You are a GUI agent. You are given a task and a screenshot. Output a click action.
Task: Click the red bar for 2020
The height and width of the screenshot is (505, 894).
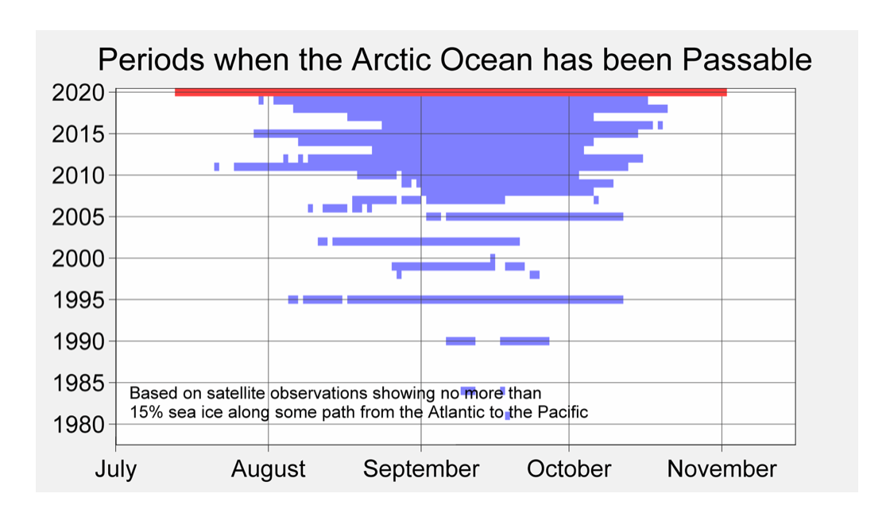point(451,92)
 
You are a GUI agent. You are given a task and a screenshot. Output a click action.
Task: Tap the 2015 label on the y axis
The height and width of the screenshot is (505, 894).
point(79,134)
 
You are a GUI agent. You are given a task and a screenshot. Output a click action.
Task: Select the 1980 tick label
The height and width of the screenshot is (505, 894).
point(79,425)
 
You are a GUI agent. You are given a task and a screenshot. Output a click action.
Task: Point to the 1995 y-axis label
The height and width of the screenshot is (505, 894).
point(79,300)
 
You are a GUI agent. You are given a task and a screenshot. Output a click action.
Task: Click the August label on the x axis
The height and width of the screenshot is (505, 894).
point(268,469)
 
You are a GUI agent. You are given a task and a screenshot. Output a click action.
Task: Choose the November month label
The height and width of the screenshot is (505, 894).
point(722,469)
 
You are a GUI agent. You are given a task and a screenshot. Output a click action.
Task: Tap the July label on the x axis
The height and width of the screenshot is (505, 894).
point(116,469)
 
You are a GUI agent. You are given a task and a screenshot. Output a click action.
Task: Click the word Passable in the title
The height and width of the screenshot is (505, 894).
point(747,60)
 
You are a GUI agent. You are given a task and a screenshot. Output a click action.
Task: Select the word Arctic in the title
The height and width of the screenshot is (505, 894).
point(392,60)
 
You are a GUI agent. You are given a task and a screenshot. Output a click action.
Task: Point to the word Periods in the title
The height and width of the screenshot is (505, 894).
point(151,60)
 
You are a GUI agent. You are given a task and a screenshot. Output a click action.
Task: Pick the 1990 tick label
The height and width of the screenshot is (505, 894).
point(79,341)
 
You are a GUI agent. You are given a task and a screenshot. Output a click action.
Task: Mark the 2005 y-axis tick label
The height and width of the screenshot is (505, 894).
point(79,217)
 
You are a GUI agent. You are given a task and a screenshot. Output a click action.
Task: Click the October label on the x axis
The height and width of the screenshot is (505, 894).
point(568,469)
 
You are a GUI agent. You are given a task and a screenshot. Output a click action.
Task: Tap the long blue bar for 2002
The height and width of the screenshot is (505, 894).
point(426,241)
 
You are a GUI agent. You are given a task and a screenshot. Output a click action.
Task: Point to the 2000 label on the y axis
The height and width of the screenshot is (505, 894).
point(79,259)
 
